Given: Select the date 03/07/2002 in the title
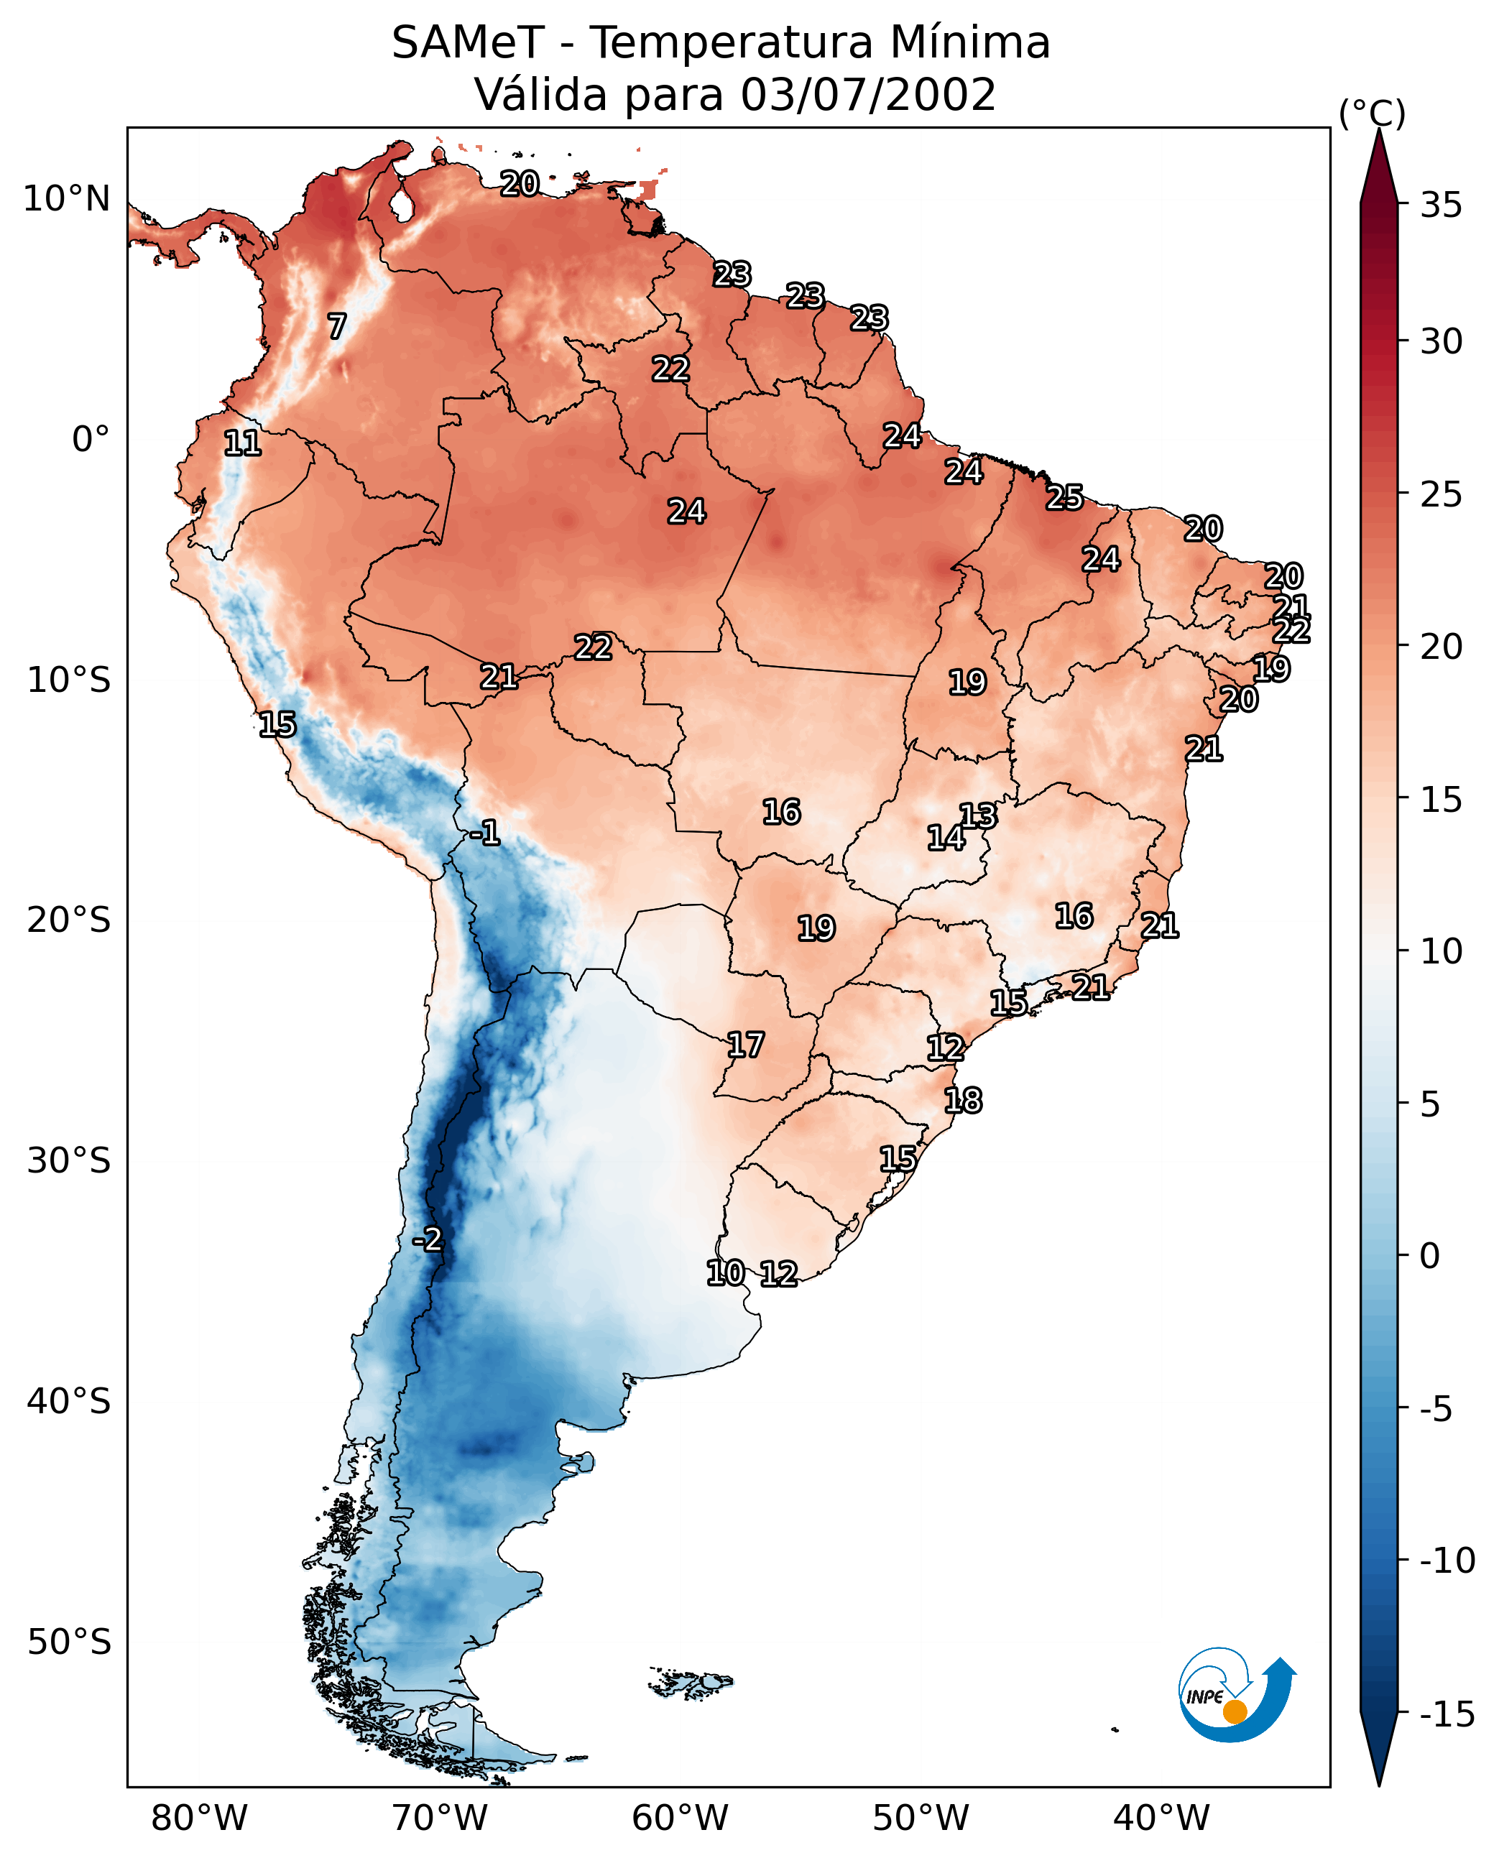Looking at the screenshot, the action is tap(868, 95).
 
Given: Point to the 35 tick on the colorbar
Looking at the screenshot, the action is tap(1441, 205).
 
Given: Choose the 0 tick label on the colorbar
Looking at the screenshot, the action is tap(1430, 1256).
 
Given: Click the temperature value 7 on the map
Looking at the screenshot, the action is tap(337, 326).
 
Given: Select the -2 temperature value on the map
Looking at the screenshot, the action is tap(428, 1240).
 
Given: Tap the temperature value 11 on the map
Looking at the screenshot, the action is tap(243, 443).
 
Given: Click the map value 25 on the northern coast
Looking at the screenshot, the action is tap(1065, 497).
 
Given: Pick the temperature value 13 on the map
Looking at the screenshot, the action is tap(978, 816).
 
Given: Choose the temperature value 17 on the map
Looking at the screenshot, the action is tap(745, 1045).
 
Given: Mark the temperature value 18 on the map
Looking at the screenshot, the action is tap(963, 1100).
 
